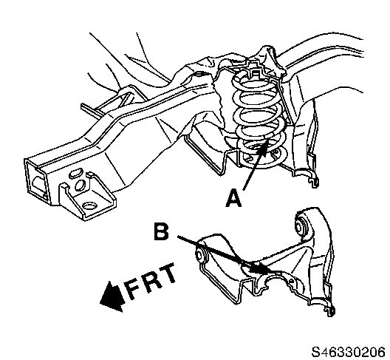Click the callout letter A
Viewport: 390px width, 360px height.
tap(233, 198)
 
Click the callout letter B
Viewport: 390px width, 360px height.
tap(162, 231)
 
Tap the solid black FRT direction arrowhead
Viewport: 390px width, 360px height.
tap(112, 296)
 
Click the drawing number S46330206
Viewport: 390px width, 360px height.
tap(349, 352)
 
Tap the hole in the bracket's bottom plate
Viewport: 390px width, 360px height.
tap(89, 206)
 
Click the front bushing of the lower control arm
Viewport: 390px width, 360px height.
tap(200, 255)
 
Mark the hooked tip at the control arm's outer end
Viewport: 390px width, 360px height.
tap(330, 310)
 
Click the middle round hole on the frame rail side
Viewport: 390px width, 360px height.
tap(80, 185)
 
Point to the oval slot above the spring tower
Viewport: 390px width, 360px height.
tap(199, 74)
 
